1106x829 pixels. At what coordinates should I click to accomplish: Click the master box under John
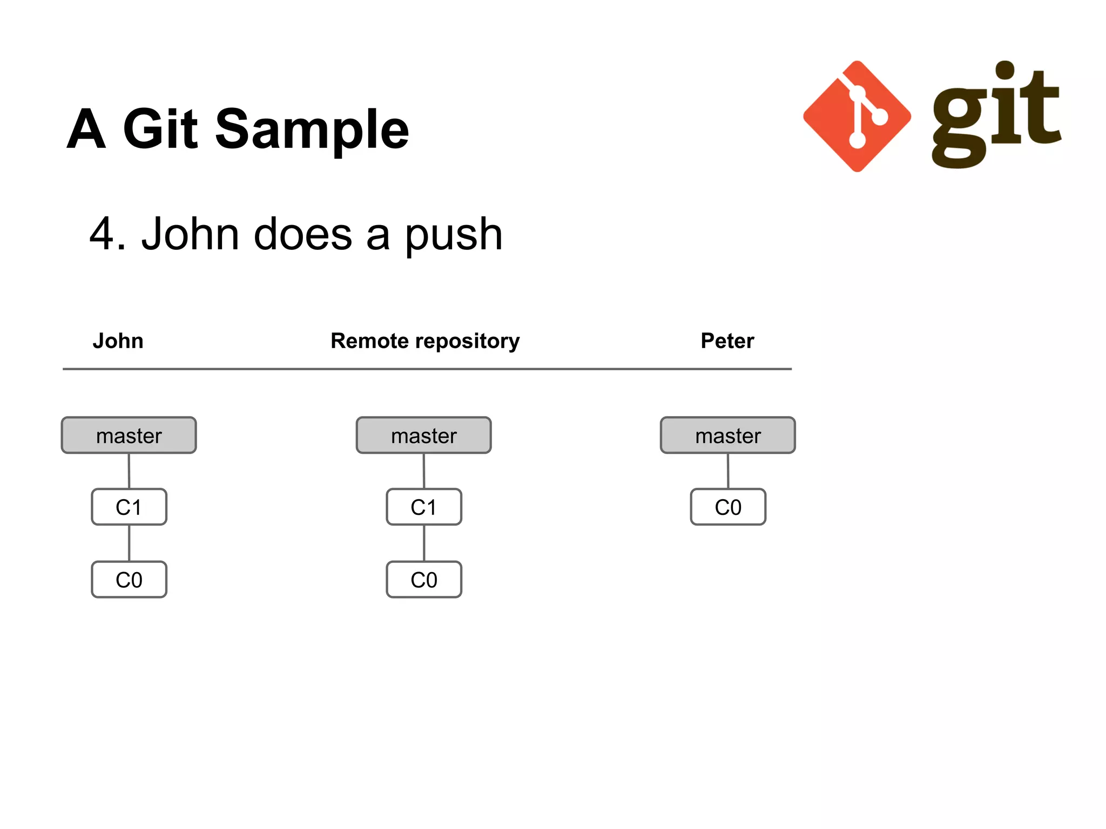click(129, 435)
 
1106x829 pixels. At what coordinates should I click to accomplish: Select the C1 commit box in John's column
click(129, 507)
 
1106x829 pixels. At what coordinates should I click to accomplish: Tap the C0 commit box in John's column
click(129, 580)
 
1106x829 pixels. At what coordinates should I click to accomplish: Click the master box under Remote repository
click(423, 435)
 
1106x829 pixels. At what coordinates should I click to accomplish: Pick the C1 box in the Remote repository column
click(424, 507)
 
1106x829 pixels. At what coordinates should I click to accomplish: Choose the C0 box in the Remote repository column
click(424, 580)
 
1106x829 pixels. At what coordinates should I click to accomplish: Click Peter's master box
click(727, 435)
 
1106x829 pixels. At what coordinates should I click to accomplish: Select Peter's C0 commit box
click(728, 507)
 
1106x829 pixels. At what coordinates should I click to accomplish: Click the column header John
click(118, 341)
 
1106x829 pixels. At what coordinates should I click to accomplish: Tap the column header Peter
click(727, 341)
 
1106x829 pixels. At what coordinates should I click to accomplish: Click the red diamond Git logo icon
click(857, 116)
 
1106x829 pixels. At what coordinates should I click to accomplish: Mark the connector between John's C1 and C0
click(129, 543)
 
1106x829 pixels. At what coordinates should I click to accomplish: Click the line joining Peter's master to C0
click(728, 471)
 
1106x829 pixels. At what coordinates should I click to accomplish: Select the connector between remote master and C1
click(424, 471)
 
